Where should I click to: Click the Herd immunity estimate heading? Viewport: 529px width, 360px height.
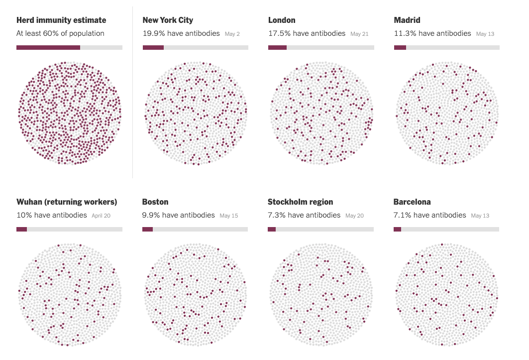coord(61,20)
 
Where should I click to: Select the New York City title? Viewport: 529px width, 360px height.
coord(168,20)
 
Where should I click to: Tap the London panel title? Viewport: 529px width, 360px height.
coord(282,20)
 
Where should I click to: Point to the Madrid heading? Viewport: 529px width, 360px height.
coord(407,20)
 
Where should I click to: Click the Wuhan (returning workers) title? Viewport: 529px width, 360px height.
coord(67,202)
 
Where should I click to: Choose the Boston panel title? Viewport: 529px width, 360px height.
coord(155,202)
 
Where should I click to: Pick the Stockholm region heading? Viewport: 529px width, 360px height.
coord(301,202)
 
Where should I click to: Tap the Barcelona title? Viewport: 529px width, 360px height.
coord(412,202)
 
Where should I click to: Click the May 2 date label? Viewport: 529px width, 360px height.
coord(232,34)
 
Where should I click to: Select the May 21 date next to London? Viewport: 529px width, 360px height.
coord(359,34)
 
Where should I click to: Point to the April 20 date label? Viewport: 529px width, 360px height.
coord(101,216)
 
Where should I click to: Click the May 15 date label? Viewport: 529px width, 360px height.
coord(229,216)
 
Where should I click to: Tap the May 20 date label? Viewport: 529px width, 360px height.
coord(354,216)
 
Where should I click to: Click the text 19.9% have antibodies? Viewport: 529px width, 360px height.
coord(181,34)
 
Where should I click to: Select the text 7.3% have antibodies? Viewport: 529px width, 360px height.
coord(304,216)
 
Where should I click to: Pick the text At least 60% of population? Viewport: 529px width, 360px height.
coord(60,34)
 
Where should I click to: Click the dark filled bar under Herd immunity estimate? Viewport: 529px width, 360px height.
coord(48,48)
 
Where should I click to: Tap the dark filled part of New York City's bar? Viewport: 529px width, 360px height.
coord(153,48)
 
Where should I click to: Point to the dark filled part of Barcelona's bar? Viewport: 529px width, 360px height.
coord(397,230)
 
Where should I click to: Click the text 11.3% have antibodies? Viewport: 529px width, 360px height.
coord(432,34)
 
